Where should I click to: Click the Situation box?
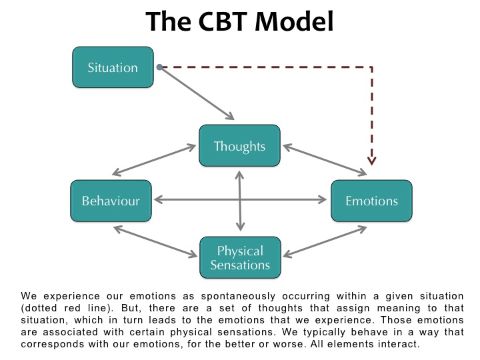[x=113, y=67]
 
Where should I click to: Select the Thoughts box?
[x=240, y=146]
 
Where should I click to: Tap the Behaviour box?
[x=111, y=201]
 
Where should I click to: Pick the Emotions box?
[x=371, y=201]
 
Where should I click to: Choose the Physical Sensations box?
[x=240, y=258]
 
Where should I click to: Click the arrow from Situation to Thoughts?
[x=197, y=93]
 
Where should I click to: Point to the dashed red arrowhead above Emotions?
[x=371, y=161]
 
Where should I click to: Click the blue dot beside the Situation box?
[x=159, y=67]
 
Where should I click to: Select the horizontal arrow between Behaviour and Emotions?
[x=241, y=200]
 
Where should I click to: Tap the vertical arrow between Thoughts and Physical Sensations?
[x=240, y=201]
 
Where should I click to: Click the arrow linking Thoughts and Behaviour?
[x=154, y=160]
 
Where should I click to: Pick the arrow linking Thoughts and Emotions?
[x=325, y=160]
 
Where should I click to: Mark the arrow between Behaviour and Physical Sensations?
[x=155, y=242]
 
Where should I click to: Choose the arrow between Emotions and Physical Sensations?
[x=325, y=242]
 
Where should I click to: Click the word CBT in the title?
[x=223, y=21]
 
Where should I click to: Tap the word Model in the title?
[x=294, y=21]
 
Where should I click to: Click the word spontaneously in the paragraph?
[x=238, y=297]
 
